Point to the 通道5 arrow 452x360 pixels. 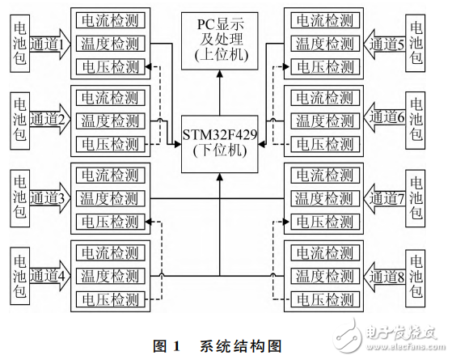click(x=387, y=41)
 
